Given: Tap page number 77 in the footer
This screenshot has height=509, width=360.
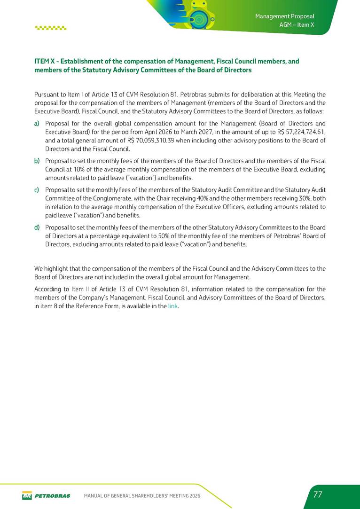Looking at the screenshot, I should point(318,495).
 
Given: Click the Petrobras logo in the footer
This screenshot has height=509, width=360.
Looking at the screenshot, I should point(46,495).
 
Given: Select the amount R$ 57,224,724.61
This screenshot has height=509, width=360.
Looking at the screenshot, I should point(298,132).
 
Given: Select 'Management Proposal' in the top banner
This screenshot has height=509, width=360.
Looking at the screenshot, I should point(284,16).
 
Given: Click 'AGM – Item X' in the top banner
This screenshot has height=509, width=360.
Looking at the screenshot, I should point(297,25).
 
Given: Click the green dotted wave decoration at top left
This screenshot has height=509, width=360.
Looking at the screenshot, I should point(51,27).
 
